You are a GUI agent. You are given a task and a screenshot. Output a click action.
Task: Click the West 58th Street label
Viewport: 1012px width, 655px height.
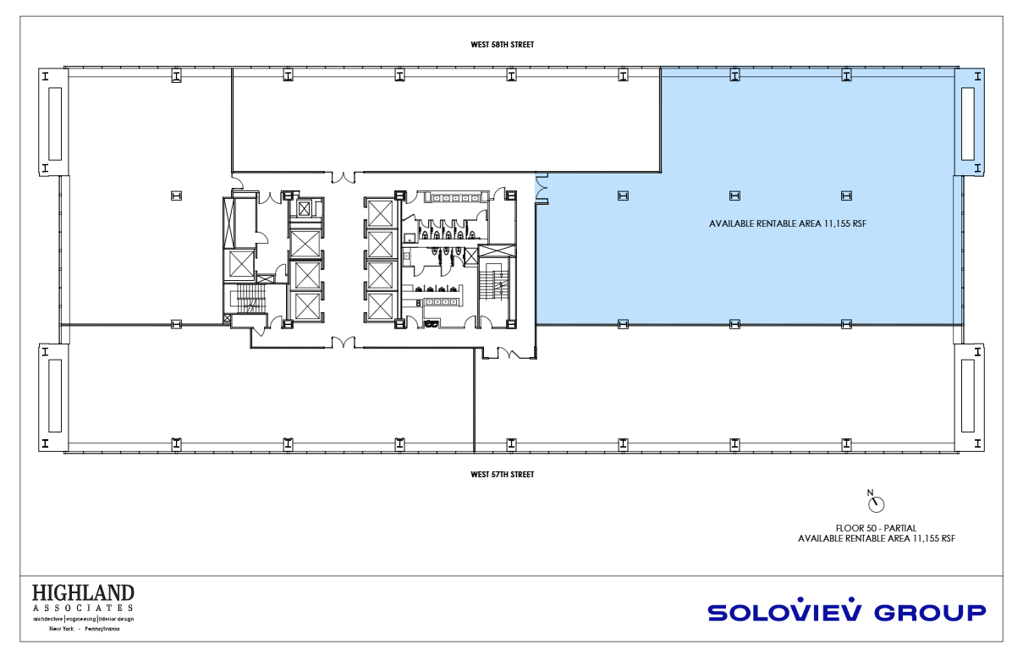(x=502, y=45)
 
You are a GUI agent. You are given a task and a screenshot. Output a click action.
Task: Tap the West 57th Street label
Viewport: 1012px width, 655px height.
(x=502, y=474)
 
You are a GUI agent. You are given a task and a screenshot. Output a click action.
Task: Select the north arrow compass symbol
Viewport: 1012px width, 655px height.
(x=875, y=502)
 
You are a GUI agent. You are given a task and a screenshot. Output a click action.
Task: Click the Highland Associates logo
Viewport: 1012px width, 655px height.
(x=83, y=608)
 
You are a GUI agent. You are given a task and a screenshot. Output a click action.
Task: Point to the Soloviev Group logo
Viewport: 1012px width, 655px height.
(x=847, y=610)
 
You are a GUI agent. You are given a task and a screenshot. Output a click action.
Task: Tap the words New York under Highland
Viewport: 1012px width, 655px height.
(x=62, y=629)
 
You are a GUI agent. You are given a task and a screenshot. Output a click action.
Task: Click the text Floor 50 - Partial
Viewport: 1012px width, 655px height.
(x=876, y=528)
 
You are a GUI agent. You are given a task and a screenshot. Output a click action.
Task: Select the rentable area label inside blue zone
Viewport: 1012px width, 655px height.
(x=788, y=224)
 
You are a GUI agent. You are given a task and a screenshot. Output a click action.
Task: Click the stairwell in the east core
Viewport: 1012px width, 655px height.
(x=496, y=284)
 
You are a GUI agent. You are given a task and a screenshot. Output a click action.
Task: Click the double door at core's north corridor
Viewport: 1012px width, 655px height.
(x=343, y=177)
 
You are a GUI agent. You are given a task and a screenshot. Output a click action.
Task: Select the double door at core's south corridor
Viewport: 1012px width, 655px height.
(x=343, y=342)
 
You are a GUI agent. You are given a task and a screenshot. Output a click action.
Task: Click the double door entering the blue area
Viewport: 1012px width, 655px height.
(x=542, y=188)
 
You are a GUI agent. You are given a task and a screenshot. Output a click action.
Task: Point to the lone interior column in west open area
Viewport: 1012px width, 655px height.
(x=176, y=195)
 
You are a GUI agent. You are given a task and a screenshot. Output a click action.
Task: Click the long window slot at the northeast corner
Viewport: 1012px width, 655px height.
(x=967, y=124)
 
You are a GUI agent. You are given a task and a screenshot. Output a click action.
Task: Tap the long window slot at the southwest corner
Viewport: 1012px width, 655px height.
(x=55, y=395)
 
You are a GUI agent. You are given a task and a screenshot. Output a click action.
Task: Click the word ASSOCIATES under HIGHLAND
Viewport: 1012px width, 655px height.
(x=83, y=608)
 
